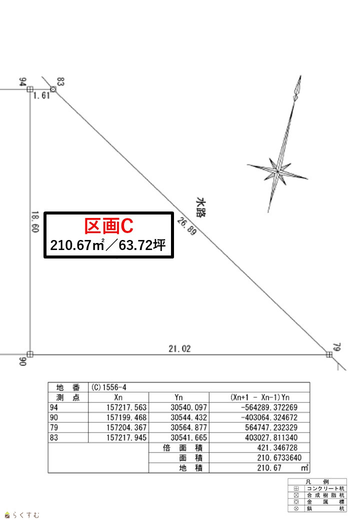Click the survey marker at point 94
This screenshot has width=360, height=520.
[x=30, y=89]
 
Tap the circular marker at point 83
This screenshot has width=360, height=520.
[x=53, y=89]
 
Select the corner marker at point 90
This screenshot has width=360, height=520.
[x=30, y=354]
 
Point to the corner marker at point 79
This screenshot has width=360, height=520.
[x=329, y=354]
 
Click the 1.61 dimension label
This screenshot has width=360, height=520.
[x=42, y=95]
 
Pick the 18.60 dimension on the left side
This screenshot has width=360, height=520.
[x=35, y=222]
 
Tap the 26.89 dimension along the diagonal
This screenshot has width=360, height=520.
[x=186, y=226]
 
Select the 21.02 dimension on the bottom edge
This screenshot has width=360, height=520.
[x=179, y=348]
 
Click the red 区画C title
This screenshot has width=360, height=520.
[x=108, y=226]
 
